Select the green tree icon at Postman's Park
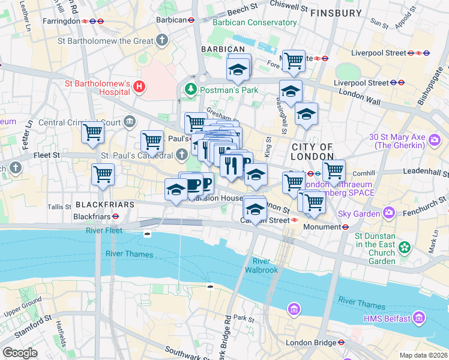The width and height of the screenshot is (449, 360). click(x=191, y=89)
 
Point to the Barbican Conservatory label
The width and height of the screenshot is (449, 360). click(x=255, y=23)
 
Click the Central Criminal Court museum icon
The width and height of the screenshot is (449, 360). click(x=130, y=122)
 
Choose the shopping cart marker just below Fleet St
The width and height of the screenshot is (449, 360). click(x=103, y=175)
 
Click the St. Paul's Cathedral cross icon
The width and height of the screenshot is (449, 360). click(x=182, y=155)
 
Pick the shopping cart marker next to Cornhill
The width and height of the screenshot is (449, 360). click(x=333, y=170)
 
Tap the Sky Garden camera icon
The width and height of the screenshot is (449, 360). click(x=390, y=213)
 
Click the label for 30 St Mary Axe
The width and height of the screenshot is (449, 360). click(x=399, y=140)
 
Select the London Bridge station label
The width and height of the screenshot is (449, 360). click(x=311, y=343)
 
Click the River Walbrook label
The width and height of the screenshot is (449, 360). click(x=261, y=265)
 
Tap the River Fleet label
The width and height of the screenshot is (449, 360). click(x=104, y=230)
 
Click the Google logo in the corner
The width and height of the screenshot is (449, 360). click(x=20, y=353)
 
